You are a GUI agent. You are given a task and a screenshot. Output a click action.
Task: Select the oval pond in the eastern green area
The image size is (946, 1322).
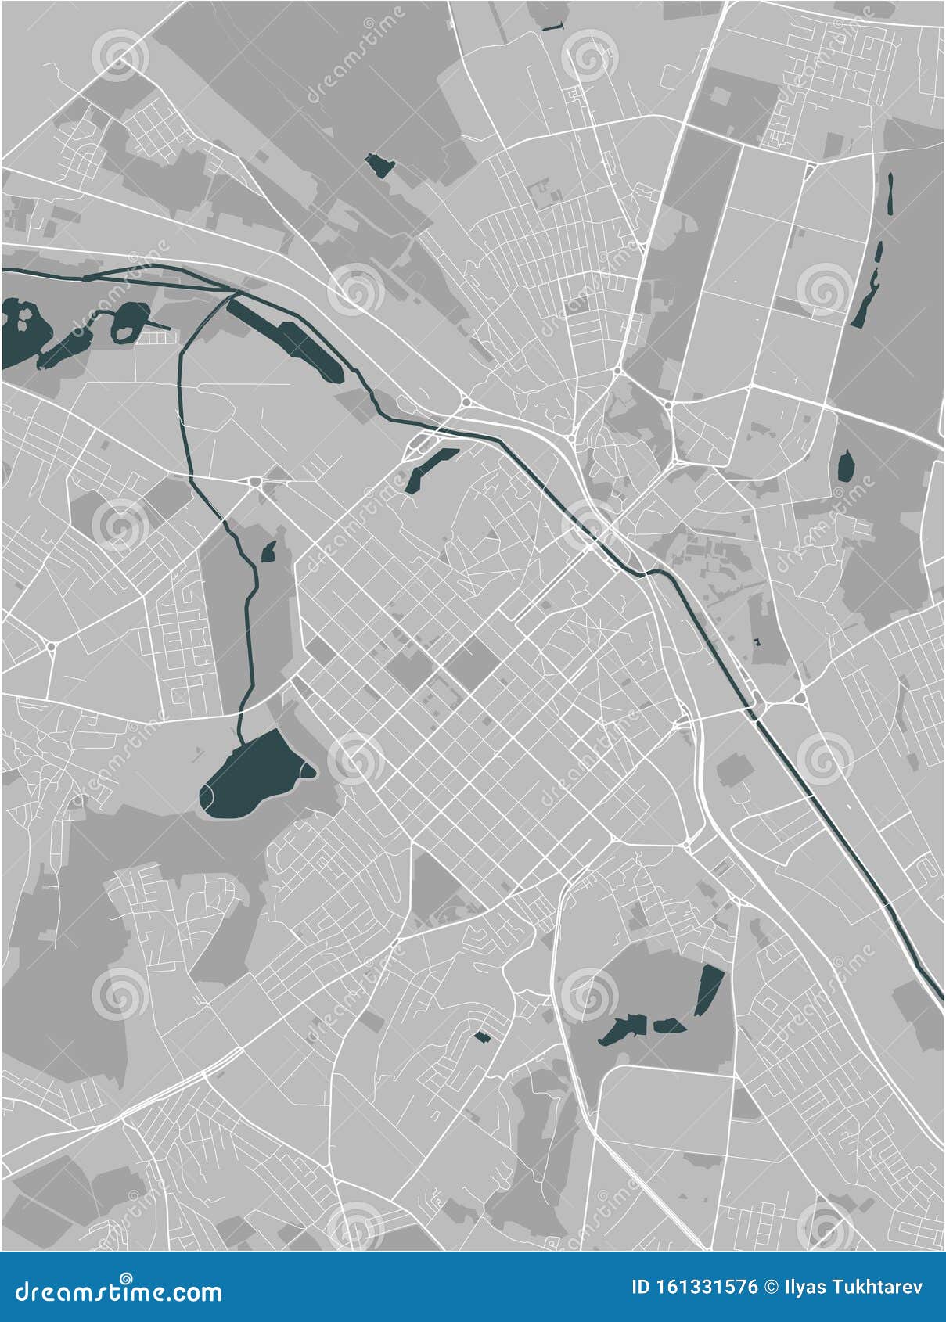846,467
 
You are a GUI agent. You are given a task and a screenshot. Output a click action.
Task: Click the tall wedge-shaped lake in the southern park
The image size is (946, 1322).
709,989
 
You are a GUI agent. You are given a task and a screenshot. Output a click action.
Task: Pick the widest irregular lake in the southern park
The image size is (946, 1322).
623,1029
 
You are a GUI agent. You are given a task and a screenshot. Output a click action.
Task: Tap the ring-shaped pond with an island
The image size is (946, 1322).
130,320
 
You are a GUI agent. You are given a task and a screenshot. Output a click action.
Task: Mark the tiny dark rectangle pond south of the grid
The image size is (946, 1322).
481,1036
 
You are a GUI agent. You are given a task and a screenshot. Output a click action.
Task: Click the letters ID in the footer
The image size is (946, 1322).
641,1287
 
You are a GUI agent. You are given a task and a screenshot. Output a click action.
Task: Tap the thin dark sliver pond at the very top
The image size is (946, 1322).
552,29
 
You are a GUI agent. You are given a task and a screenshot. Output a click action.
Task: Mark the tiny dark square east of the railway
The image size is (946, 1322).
757,641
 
